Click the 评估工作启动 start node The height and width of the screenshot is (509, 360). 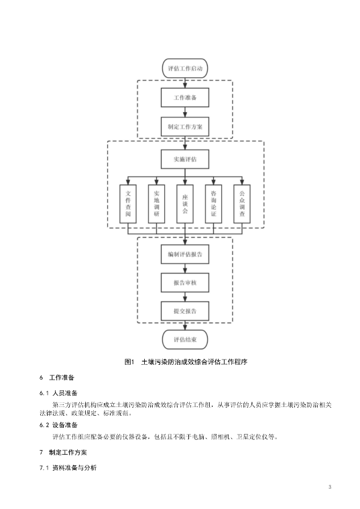pyautogui.click(x=185, y=68)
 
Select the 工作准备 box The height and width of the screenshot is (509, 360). pyautogui.click(x=185, y=97)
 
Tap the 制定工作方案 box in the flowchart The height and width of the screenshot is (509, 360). pyautogui.click(x=185, y=125)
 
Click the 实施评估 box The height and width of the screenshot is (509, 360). pyautogui.click(x=185, y=159)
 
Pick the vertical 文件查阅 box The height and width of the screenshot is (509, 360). pyautogui.click(x=128, y=204)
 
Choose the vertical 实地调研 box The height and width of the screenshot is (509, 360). pyautogui.click(x=156, y=204)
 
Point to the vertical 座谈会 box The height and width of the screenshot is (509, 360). pyautogui.click(x=185, y=204)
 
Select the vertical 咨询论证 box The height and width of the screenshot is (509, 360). pyautogui.click(x=213, y=204)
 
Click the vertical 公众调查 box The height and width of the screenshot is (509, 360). pyautogui.click(x=242, y=204)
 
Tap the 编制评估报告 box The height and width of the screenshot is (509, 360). pyautogui.click(x=185, y=254)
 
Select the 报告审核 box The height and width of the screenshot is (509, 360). pyautogui.click(x=185, y=282)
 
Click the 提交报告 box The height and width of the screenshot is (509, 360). pyautogui.click(x=185, y=310)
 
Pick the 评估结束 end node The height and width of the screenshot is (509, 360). pyautogui.click(x=185, y=339)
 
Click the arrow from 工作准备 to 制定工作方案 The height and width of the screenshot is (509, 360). pyautogui.click(x=185, y=111)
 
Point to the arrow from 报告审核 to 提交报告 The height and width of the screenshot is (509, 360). pyautogui.click(x=185, y=296)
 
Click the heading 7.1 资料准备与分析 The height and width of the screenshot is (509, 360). pyautogui.click(x=68, y=467)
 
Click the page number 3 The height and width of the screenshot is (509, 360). pyautogui.click(x=331, y=486)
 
